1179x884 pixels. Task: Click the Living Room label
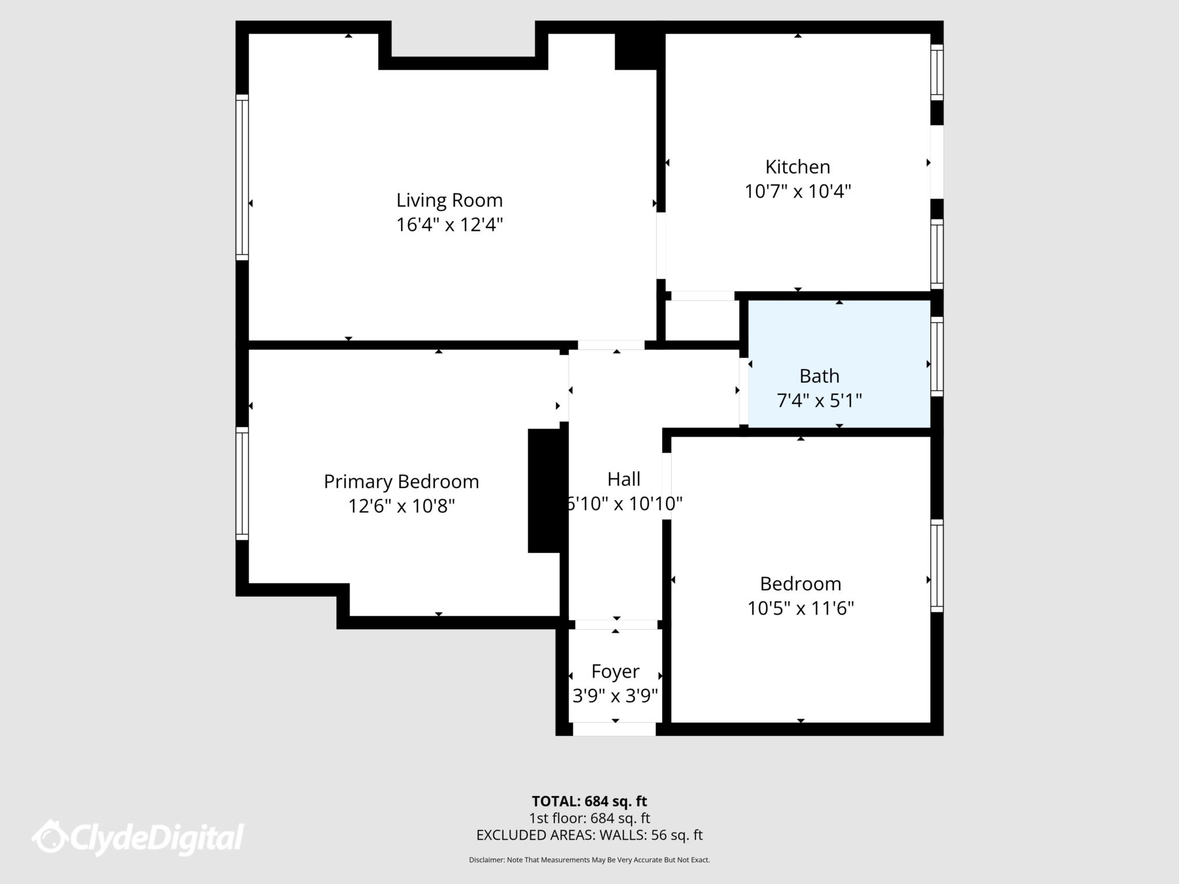(449, 200)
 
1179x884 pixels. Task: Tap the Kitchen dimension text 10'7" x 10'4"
(797, 191)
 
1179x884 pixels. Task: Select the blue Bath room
(839, 345)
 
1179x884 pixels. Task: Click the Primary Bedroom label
(401, 482)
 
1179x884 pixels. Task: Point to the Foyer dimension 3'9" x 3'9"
(615, 696)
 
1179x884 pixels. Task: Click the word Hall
(623, 479)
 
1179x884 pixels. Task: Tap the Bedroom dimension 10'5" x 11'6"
(800, 608)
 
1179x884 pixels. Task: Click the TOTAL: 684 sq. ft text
(589, 801)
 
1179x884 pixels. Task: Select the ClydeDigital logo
(138, 837)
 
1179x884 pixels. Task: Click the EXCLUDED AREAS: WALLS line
(589, 835)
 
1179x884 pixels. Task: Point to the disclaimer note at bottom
(589, 860)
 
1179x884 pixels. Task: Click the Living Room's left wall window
(242, 177)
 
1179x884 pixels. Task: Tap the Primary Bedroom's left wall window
(242, 483)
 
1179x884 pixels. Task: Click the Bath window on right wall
(937, 356)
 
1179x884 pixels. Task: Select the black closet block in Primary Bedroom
(544, 490)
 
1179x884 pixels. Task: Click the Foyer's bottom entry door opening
(614, 729)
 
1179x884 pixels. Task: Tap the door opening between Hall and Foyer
(616, 624)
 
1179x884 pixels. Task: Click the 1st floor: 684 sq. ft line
(589, 818)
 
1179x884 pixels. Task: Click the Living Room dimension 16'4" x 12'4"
(449, 224)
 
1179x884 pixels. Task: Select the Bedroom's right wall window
(937, 566)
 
